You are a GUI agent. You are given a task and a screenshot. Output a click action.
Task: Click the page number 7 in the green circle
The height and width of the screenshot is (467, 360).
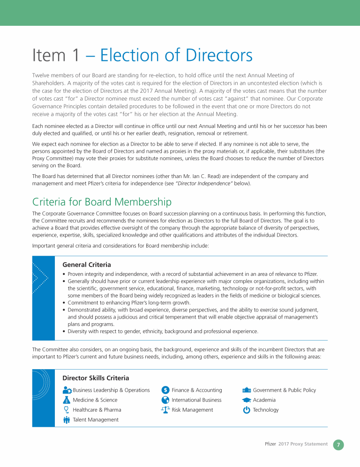click(x=338, y=445)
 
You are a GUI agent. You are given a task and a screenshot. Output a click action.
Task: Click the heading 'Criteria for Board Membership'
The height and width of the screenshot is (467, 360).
click(x=102, y=202)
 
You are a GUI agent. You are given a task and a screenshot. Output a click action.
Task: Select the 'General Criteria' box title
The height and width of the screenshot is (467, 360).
click(x=86, y=265)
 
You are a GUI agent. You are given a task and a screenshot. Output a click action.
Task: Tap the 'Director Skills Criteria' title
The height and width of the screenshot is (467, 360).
click(x=96, y=378)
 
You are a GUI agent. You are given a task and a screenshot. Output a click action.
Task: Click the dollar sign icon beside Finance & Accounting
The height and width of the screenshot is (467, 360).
click(x=165, y=390)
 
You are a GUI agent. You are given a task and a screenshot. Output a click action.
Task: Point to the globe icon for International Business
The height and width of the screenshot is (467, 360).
click(x=165, y=400)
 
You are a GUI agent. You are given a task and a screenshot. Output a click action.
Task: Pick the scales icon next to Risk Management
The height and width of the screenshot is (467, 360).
click(x=165, y=410)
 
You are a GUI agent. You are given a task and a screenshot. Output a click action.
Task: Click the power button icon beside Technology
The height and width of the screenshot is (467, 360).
click(x=247, y=410)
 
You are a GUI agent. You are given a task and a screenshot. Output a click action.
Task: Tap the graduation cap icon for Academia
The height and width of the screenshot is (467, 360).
click(x=247, y=400)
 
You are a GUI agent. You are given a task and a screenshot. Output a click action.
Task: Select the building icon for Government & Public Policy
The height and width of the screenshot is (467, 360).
click(x=247, y=390)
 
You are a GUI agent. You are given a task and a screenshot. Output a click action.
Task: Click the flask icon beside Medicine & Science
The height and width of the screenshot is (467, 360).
click(x=67, y=400)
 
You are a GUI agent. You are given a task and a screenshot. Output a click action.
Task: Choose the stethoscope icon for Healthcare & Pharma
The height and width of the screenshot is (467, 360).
click(x=67, y=410)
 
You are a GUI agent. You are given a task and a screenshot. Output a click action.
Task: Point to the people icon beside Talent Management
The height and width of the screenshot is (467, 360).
click(x=67, y=420)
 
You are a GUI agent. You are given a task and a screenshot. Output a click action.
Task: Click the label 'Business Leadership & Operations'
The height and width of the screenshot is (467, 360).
click(x=111, y=390)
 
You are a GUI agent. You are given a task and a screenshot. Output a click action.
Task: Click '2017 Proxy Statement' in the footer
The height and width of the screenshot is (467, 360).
click(x=303, y=444)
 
